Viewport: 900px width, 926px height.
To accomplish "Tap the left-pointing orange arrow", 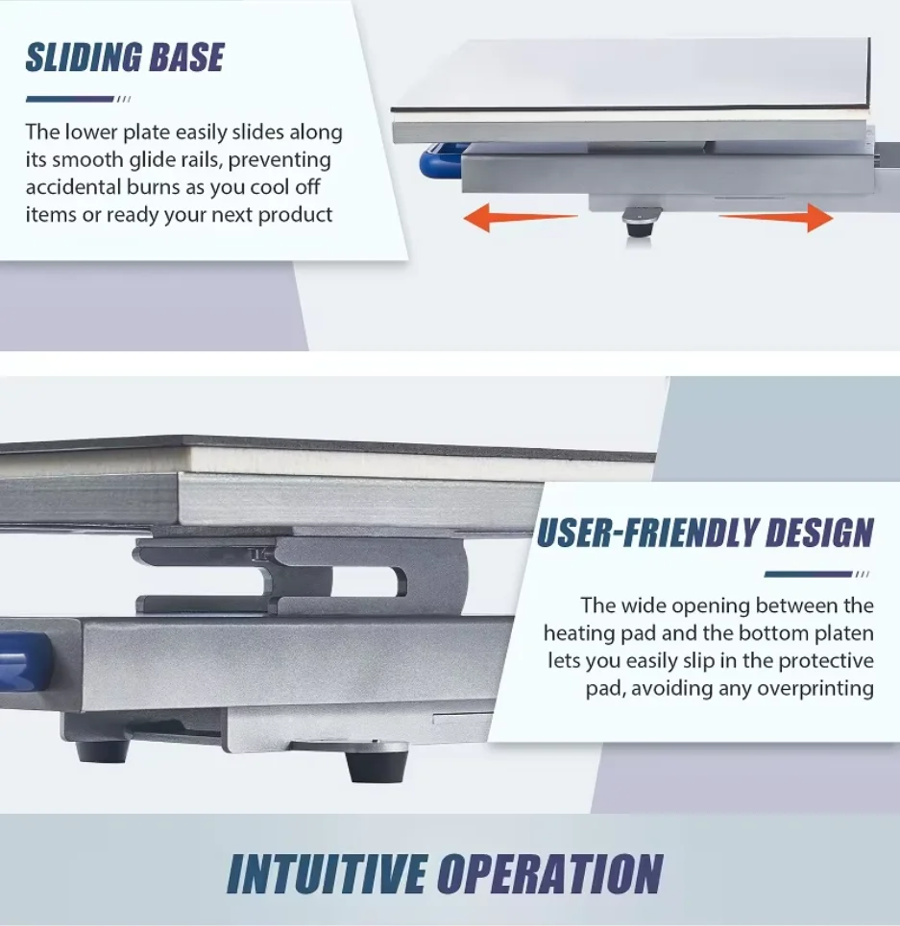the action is coord(519,219).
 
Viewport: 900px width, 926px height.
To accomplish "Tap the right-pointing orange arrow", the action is coord(778,218).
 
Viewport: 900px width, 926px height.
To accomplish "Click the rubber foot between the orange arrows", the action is coord(637,225).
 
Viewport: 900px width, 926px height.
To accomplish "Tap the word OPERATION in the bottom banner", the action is coord(549,874).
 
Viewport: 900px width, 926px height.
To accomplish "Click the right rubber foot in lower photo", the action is coord(376,765).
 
